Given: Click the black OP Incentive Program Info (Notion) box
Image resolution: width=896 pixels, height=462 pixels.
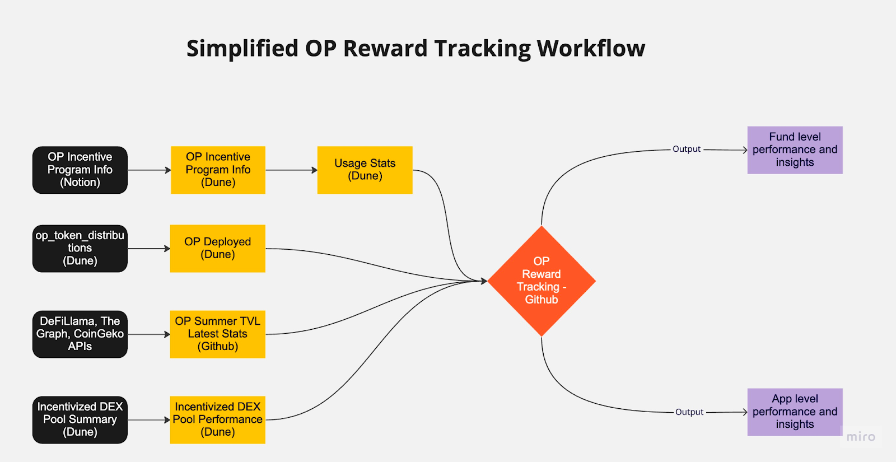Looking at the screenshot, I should coord(80,170).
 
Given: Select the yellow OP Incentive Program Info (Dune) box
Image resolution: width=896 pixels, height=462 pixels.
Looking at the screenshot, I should coord(218,170).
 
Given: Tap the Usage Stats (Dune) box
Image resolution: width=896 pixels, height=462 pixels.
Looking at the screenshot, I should coord(365,170).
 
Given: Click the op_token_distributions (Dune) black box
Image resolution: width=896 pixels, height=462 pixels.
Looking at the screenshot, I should coord(80,248).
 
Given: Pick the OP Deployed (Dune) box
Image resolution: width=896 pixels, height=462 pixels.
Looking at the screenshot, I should coord(218,248).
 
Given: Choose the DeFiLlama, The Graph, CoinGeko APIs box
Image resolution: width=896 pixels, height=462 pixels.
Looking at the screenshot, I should coord(80,334).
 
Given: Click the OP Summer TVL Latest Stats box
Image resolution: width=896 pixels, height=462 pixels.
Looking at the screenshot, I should coord(218,334).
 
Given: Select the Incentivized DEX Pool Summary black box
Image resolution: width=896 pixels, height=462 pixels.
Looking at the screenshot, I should coord(80,419).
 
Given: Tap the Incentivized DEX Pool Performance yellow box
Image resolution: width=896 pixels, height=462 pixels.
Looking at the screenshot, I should coord(218,419).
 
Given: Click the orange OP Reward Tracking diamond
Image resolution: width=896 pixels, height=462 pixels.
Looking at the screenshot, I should coord(542,281).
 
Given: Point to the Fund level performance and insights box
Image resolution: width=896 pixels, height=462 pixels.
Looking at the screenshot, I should coord(795,150).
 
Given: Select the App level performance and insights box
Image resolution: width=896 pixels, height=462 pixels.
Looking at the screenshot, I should coord(795,412).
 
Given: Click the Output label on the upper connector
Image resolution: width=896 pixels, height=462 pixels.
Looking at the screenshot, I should coord(687,149).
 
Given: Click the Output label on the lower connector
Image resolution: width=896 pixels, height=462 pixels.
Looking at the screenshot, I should coord(689,412).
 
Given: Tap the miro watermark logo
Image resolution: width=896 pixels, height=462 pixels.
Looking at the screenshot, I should coord(861,437).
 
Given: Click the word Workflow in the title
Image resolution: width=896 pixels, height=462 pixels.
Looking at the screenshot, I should coord(591,49).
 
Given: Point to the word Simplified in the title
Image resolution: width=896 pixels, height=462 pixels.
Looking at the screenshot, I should coord(242,49).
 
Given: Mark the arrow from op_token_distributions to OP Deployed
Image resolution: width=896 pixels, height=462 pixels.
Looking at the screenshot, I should coord(149,248).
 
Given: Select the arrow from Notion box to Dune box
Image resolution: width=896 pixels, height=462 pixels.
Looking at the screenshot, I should coord(149,170).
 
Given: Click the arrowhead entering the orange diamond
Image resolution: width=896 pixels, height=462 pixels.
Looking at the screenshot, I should coord(484,281).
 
